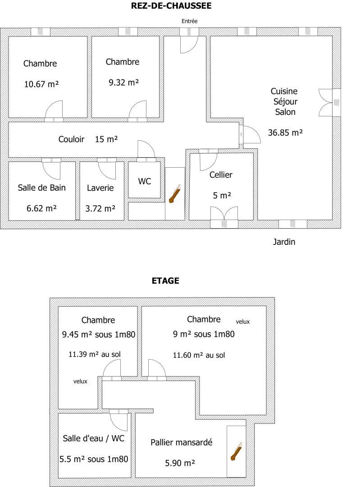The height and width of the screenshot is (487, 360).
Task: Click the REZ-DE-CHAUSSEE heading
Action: tap(171, 5)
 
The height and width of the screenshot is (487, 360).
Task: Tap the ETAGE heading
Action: tap(165, 281)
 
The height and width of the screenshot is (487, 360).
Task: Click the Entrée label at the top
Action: tap(189, 21)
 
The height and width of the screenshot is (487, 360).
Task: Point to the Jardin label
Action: tap(284, 242)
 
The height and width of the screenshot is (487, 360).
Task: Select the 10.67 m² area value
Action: tap(41, 84)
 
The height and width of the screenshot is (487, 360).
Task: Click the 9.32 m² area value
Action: tap(123, 83)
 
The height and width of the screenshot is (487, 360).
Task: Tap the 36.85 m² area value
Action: tap(285, 133)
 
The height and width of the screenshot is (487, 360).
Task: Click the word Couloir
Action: tap(71, 139)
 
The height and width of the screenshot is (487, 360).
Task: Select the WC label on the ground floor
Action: tap(145, 181)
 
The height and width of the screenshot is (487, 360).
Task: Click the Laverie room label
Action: tap(100, 188)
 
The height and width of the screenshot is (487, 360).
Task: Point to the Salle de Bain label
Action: tap(41, 188)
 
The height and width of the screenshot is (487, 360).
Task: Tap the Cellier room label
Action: tap(221, 175)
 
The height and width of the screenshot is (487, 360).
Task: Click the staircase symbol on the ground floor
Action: tap(175, 194)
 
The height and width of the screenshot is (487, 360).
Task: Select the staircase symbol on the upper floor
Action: tap(236, 451)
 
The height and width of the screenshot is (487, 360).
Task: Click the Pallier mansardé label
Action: tap(182, 442)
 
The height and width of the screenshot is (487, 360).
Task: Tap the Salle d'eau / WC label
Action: tap(93, 438)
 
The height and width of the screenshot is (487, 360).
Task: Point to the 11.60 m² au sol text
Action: tap(199, 355)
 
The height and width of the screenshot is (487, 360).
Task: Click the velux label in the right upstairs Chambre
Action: tap(243, 322)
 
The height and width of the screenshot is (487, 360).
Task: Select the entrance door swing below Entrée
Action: tap(189, 44)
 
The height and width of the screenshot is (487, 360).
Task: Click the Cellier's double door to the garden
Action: tap(224, 214)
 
